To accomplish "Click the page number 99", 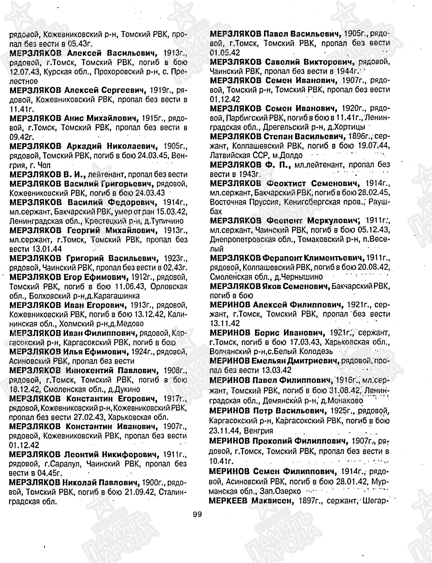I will coord(197,514).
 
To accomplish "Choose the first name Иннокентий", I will coord(89,370).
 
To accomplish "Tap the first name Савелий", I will coord(282,62).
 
